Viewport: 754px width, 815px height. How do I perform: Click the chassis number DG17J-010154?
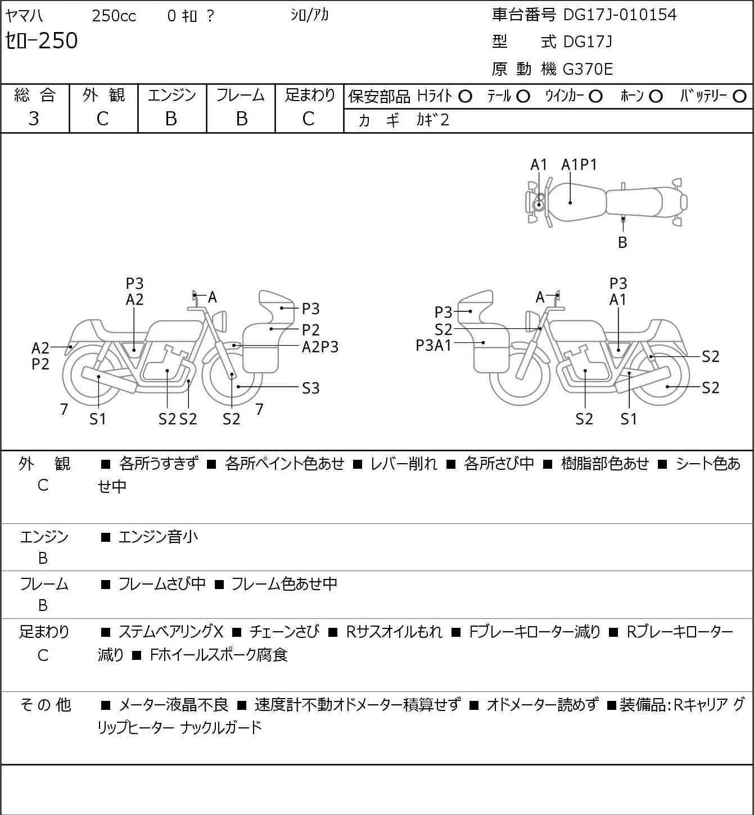point(620,15)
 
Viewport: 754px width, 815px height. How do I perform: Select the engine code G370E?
point(588,69)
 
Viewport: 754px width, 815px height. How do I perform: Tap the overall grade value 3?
point(34,119)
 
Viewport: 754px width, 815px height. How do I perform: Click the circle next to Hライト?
point(465,97)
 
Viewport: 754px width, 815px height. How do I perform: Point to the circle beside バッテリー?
point(739,97)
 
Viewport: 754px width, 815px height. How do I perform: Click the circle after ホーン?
point(656,97)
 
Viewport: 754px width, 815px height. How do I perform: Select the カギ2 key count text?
point(432,120)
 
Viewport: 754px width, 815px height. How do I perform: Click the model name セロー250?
point(41,40)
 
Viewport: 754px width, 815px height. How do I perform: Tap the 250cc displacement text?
point(114,16)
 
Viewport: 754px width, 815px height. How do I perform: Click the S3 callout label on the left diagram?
point(310,388)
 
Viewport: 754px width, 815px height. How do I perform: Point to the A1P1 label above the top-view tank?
point(579,165)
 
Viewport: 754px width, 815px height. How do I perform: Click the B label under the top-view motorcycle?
point(622,242)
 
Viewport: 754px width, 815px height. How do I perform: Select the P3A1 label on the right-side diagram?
point(434,346)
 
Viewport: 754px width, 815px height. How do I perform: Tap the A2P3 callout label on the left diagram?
point(320,347)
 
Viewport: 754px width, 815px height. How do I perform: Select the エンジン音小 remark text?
point(158,537)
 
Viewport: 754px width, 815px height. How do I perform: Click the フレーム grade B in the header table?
point(241,119)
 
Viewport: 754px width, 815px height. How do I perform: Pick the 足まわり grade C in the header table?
point(309,119)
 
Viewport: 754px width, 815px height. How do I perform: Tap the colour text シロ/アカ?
point(310,15)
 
